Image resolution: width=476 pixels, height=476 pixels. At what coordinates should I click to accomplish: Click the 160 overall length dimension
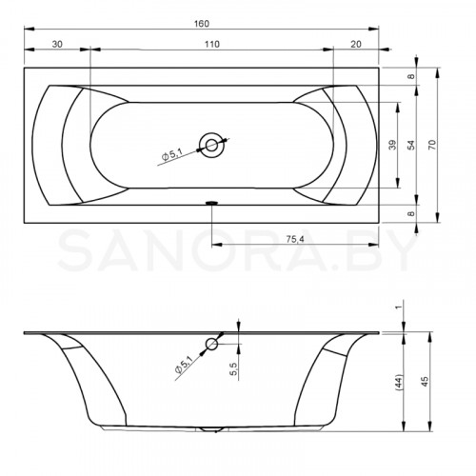[202, 24]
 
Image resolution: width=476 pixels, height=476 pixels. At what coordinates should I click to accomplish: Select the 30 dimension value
[57, 44]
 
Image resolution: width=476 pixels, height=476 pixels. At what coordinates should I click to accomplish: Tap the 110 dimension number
[211, 44]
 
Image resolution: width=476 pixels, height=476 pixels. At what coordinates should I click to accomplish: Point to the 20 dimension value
[356, 44]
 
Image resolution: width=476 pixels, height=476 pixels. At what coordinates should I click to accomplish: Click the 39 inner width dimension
[392, 145]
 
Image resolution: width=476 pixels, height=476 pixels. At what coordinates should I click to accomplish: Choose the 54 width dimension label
[411, 145]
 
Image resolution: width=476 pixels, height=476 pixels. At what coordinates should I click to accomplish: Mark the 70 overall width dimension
[432, 145]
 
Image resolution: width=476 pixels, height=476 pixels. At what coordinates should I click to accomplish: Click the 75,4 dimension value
[295, 239]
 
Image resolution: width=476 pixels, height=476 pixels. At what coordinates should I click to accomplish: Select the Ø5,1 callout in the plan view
[171, 155]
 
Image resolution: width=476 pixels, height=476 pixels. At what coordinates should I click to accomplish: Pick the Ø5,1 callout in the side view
[184, 365]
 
